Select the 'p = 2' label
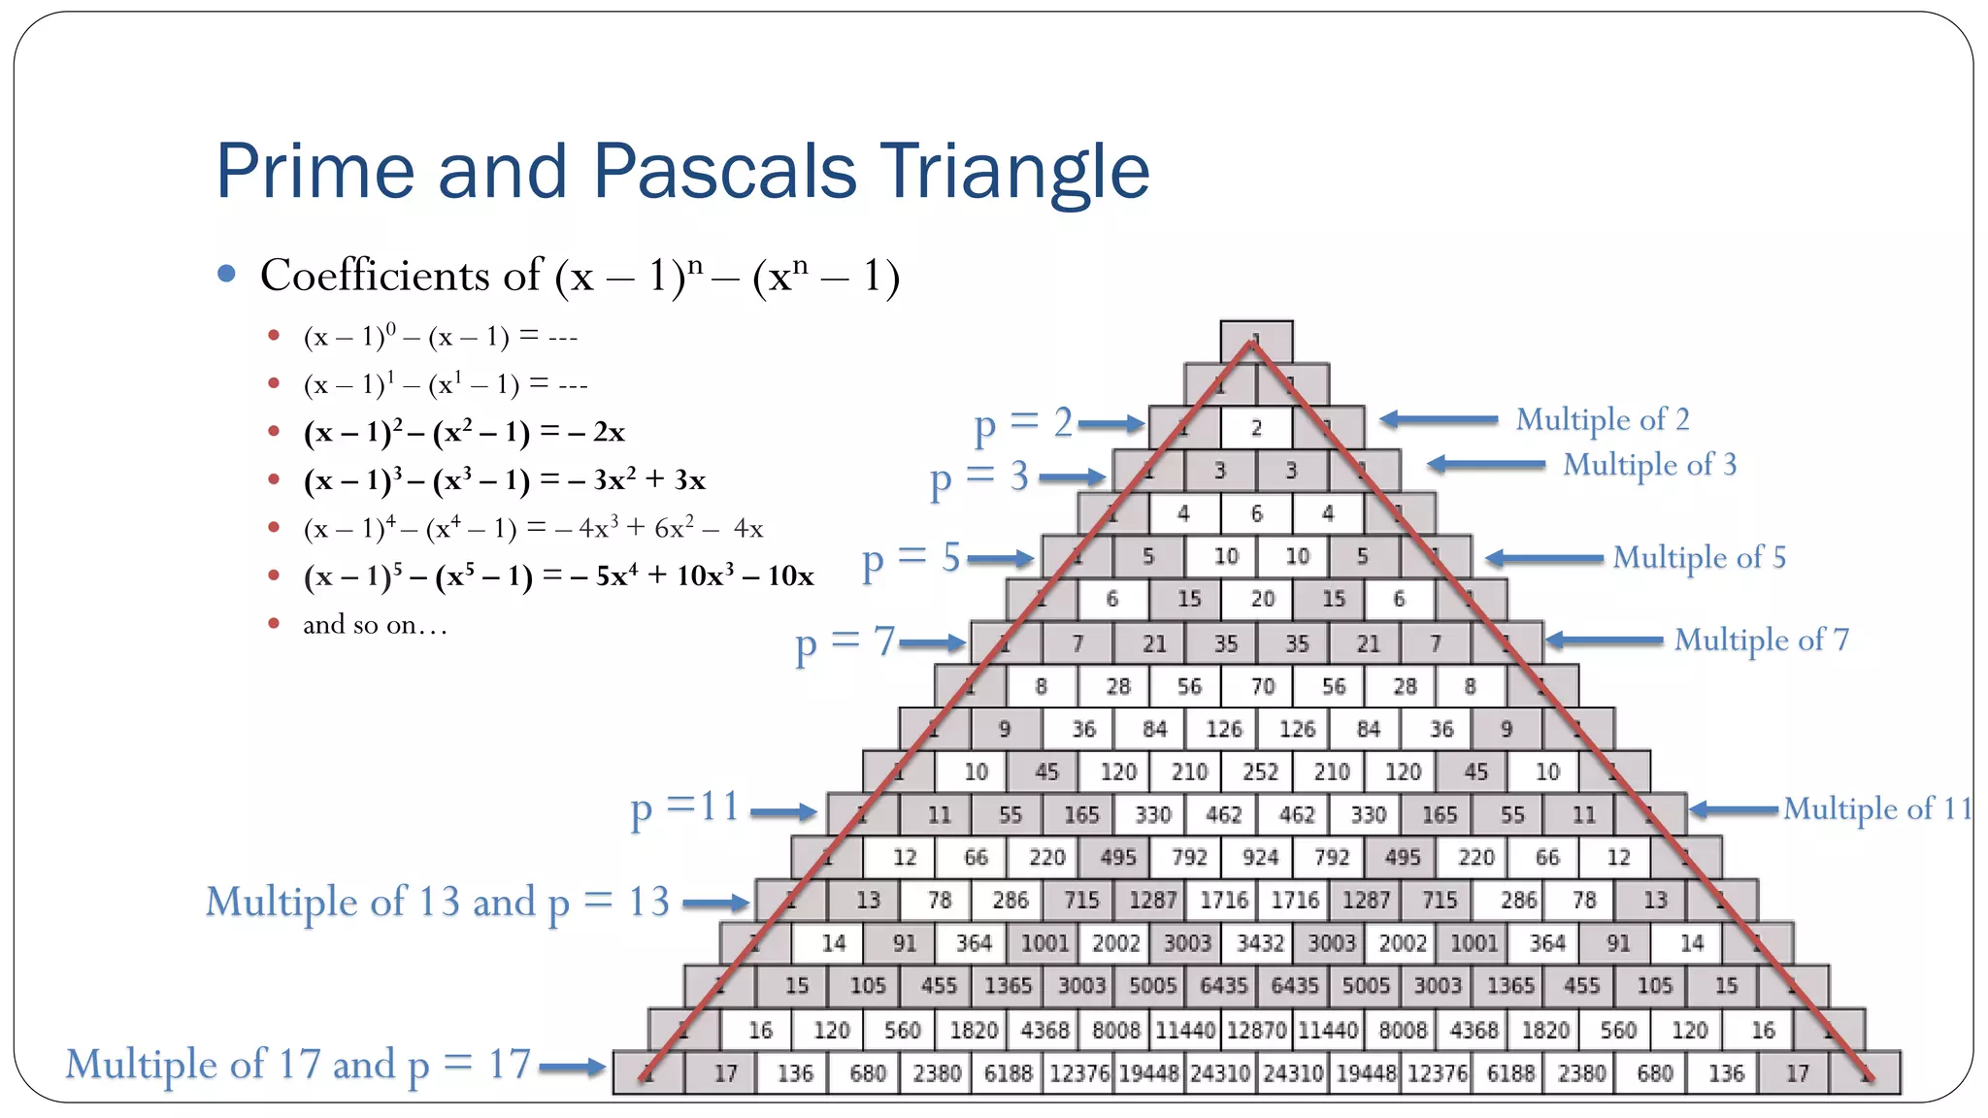coord(1023,423)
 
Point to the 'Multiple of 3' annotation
coord(1649,465)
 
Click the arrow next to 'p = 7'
coord(931,642)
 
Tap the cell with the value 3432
coord(1260,943)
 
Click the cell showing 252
coord(1260,773)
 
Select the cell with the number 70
coord(1262,687)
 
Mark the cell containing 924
coord(1260,858)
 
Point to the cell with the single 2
coord(1256,428)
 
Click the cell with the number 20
coord(1262,600)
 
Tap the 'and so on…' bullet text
coord(375,625)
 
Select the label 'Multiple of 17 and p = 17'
coord(298,1065)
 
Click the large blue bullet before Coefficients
coord(227,275)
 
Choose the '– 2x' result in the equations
coord(596,432)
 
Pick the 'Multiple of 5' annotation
coord(1699,558)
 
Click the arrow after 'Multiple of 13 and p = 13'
coord(715,904)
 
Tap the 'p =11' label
coord(684,808)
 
